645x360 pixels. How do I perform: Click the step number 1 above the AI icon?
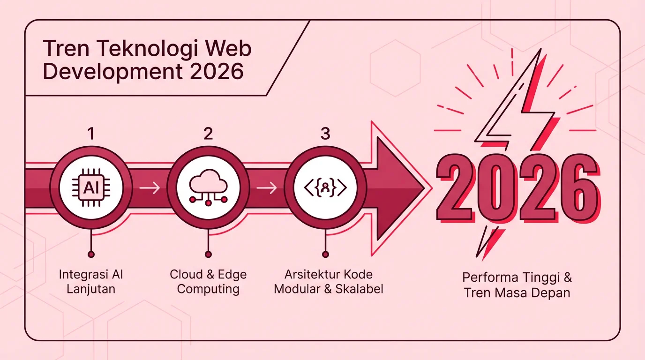click(91, 134)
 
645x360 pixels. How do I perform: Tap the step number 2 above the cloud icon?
click(208, 134)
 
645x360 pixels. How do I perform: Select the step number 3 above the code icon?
click(325, 134)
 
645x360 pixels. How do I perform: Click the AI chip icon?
click(91, 188)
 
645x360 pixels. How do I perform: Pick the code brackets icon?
click(325, 188)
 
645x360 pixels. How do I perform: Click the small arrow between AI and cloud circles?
click(150, 188)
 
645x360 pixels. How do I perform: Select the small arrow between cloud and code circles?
click(267, 188)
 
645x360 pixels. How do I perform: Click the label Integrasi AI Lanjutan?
click(91, 281)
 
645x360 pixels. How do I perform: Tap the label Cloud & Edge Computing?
click(208, 281)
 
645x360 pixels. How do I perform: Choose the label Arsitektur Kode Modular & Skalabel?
click(328, 281)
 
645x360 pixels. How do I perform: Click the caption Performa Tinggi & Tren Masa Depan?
click(517, 285)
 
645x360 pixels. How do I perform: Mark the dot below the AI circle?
click(91, 255)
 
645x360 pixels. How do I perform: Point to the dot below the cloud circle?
click(208, 255)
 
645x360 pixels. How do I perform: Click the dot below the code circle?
click(325, 255)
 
